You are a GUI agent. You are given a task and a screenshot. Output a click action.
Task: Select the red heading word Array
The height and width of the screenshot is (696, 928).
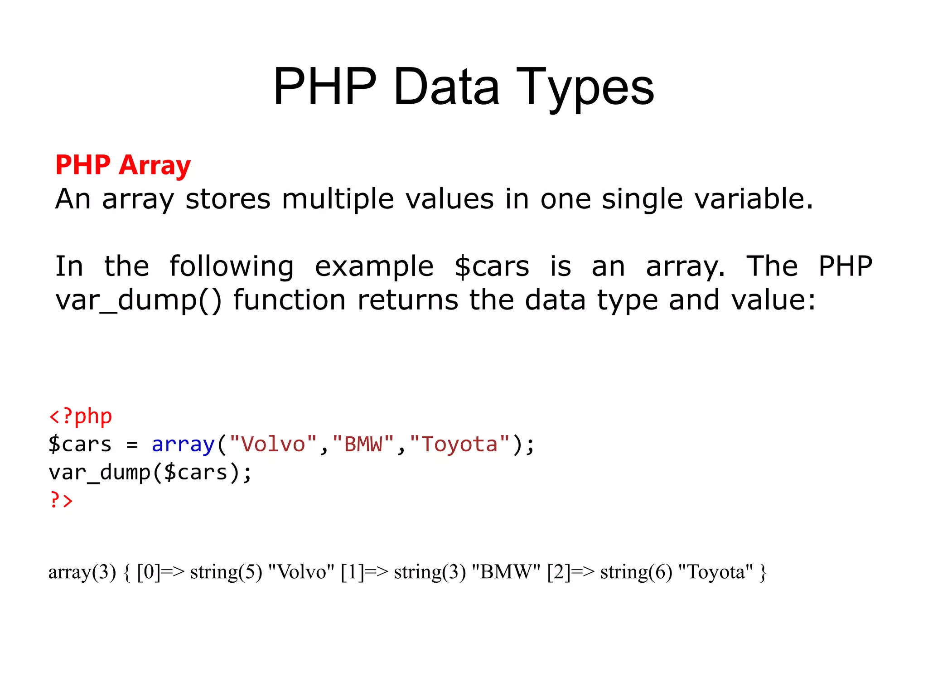pos(155,165)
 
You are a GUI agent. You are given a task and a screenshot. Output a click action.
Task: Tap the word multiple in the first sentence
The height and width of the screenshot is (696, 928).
pos(338,199)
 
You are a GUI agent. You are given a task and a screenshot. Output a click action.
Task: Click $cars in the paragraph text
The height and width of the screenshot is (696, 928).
pos(492,266)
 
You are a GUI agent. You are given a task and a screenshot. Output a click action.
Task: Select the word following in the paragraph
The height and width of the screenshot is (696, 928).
pos(232,266)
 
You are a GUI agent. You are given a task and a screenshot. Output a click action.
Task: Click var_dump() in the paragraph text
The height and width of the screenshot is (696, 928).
pos(139,300)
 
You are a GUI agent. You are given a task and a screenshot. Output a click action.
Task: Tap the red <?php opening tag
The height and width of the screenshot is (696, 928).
pos(80,416)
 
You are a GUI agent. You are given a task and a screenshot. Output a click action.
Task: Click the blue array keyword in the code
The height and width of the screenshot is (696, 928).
pos(183,444)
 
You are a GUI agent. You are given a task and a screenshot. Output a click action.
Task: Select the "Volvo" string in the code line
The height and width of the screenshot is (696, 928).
pos(273,444)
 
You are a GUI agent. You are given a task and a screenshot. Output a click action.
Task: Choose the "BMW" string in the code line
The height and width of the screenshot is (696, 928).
pos(363,444)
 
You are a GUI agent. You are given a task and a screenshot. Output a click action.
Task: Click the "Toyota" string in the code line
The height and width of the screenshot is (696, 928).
pos(459,444)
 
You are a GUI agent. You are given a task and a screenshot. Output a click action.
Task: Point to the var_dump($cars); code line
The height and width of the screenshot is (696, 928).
pos(150,473)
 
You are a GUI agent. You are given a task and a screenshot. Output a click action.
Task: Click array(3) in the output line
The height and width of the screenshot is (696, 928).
pos(82,572)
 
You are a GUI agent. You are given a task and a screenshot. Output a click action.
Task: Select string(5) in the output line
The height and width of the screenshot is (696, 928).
pos(226,572)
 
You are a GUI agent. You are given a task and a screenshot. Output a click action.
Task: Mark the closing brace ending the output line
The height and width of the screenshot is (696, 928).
pos(763,572)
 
